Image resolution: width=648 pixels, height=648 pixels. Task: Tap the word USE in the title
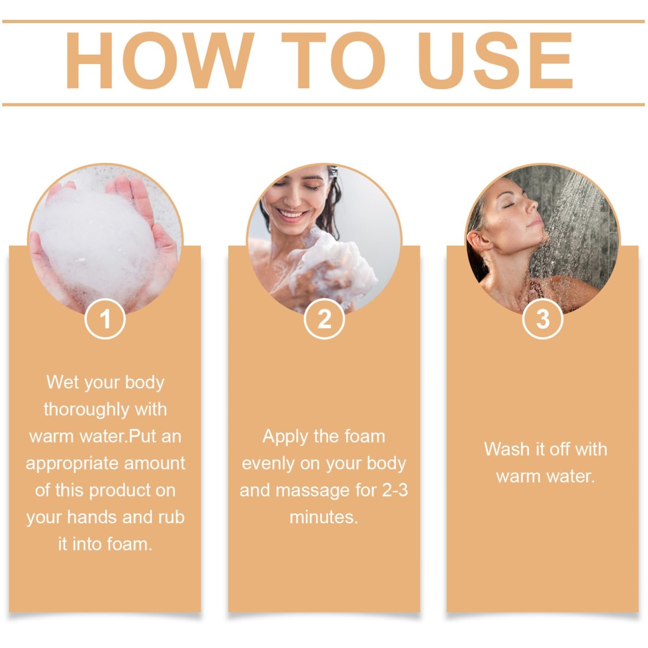pos(496,61)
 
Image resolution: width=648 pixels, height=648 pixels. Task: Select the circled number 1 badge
pos(105,319)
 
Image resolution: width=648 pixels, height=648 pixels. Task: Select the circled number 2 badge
pos(324,319)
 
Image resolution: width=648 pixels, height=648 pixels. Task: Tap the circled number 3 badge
pos(543,319)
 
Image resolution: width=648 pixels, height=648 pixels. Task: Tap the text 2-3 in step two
pos(395,490)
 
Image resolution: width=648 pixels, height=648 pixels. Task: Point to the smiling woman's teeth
pos(291,214)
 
